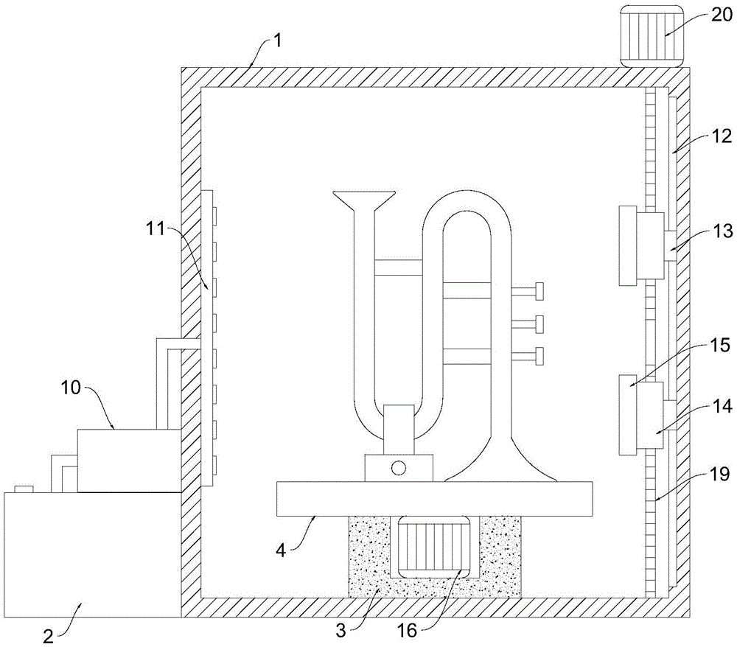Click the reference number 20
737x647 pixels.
(721, 15)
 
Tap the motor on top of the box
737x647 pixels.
(652, 36)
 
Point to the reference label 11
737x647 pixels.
(155, 229)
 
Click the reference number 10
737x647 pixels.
(71, 388)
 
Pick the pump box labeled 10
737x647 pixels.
(129, 461)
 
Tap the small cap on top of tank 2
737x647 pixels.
(24, 489)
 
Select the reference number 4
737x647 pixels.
(281, 550)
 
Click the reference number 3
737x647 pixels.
(340, 631)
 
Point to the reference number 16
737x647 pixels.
(408, 631)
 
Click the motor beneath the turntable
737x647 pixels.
(434, 547)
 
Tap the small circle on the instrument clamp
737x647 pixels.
(399, 468)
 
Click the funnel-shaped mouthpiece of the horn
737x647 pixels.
(363, 200)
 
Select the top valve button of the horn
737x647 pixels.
(539, 291)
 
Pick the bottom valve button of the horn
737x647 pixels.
(539, 356)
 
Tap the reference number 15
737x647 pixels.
(721, 346)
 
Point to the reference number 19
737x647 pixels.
(721, 475)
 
